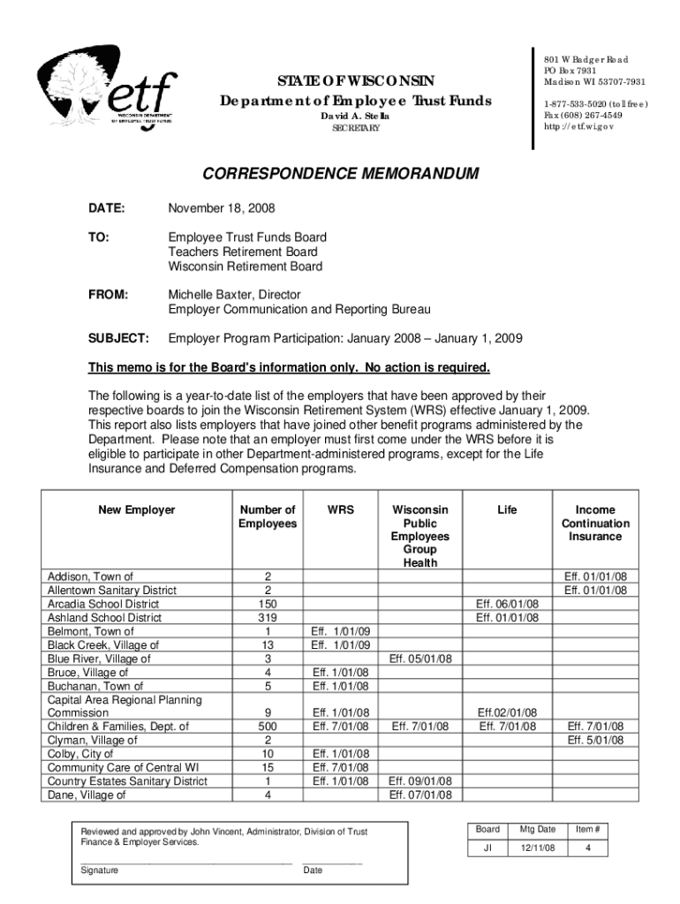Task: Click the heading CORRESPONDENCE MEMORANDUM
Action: pyautogui.click(x=341, y=174)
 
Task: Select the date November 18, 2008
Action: pyautogui.click(x=222, y=208)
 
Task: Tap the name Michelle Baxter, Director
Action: pyautogui.click(x=235, y=294)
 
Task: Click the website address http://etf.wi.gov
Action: pyautogui.click(x=579, y=126)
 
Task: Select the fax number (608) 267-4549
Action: pyautogui.click(x=584, y=115)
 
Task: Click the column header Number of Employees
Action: pyautogui.click(x=268, y=516)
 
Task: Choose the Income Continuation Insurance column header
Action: pyautogui.click(x=595, y=523)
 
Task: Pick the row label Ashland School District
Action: pyautogui.click(x=104, y=618)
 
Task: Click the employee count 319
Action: pyautogui.click(x=268, y=618)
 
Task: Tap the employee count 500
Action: pyautogui.click(x=268, y=727)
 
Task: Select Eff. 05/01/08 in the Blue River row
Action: pyautogui.click(x=420, y=659)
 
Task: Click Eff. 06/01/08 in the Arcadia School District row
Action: pyautogui.click(x=507, y=604)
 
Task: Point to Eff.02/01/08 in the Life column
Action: pyautogui.click(x=507, y=712)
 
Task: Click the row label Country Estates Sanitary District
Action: pyautogui.click(x=127, y=781)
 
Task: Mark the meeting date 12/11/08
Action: pyautogui.click(x=538, y=847)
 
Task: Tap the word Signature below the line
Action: pyautogui.click(x=100, y=870)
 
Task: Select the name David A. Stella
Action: pyautogui.click(x=353, y=117)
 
